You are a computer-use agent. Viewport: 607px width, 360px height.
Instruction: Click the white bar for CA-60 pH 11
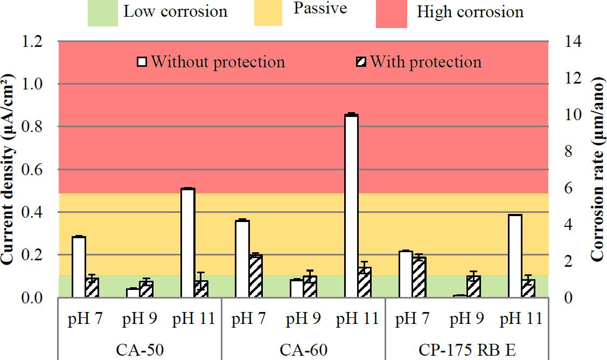[351, 205]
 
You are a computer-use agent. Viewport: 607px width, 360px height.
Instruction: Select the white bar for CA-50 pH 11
[187, 243]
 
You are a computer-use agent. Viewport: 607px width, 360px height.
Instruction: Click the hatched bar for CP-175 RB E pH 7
[419, 276]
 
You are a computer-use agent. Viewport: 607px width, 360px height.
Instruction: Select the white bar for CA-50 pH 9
[132, 293]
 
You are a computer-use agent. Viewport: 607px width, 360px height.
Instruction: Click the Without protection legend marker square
[142, 62]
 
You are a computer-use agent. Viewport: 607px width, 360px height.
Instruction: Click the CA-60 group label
[302, 350]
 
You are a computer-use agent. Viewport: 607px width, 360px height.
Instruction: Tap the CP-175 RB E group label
[467, 350]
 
